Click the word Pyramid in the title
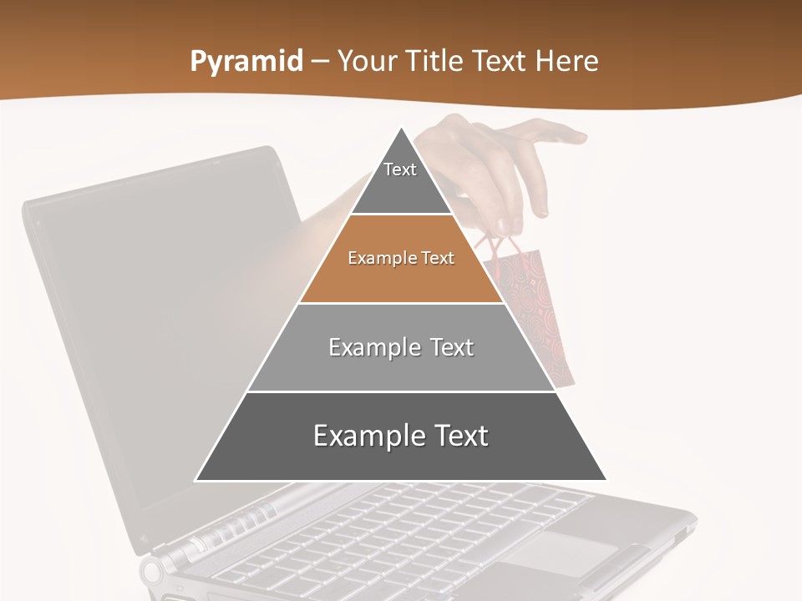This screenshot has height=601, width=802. [246, 62]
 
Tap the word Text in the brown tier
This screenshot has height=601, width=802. [438, 259]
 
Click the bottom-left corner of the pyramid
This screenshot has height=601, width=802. [196, 480]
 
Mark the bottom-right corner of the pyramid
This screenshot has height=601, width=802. [606, 480]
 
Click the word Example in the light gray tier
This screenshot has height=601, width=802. [365, 347]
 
